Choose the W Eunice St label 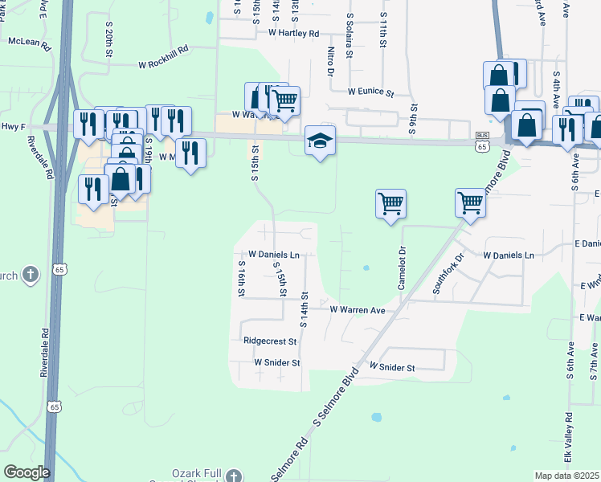[x=370, y=93]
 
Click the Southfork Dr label [x=450, y=273]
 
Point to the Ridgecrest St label [x=270, y=341]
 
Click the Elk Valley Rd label [x=568, y=437]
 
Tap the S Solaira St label [x=350, y=36]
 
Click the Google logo [x=27, y=472]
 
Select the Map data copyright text [x=567, y=476]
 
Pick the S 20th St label [x=108, y=40]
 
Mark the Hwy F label [x=14, y=127]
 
